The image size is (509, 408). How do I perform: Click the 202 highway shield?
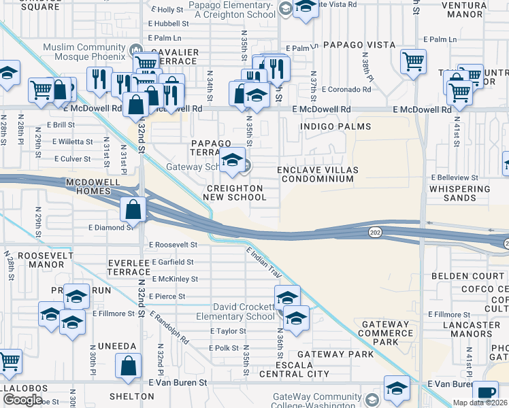click(376, 232)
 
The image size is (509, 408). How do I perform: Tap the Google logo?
click(22, 400)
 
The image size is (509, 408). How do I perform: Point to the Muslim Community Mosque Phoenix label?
click(86, 52)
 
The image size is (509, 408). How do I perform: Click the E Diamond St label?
click(110, 228)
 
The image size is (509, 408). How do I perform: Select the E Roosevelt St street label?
click(172, 244)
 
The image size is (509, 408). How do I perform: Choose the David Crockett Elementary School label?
click(244, 312)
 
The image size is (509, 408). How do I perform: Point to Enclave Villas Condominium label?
click(317, 174)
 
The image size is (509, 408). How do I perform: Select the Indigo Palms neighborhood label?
click(337, 126)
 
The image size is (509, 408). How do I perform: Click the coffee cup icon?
click(486, 392)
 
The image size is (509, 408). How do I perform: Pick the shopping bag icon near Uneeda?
click(128, 367)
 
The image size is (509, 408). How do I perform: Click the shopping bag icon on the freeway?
click(133, 209)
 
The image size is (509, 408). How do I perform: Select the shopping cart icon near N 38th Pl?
click(413, 62)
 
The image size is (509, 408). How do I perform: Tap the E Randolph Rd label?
click(169, 326)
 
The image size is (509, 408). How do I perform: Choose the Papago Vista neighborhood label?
click(359, 44)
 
